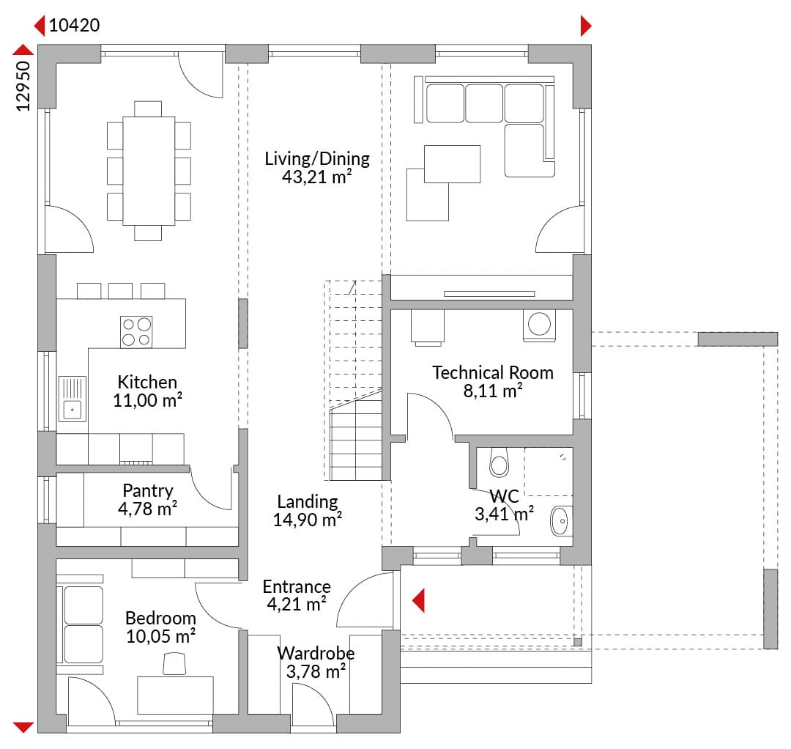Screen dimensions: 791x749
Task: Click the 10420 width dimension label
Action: pos(74,25)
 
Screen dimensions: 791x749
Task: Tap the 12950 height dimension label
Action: pos(23,86)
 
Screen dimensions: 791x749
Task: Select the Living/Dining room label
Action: pos(317,158)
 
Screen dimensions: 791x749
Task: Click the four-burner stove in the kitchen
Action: pos(136,331)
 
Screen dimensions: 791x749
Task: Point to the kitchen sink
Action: pos(72,399)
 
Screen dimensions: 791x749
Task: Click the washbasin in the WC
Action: pos(560,521)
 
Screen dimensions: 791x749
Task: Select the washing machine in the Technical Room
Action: pos(539,325)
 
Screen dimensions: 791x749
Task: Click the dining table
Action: pos(149,171)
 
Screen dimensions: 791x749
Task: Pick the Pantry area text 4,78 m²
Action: pos(147,509)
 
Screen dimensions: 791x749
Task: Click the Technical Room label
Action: pos(492,372)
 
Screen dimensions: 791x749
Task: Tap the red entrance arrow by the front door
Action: pos(418,601)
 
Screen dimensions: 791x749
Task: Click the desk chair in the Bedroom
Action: pos(174,663)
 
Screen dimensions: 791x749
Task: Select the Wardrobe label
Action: pos(316,653)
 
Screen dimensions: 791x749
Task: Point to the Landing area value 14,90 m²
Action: pos(307,520)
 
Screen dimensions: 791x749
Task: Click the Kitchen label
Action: pos(147,382)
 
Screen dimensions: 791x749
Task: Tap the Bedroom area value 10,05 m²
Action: pos(160,636)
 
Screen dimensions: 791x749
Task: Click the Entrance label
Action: pos(297,586)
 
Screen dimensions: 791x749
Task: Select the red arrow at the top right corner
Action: pos(586,26)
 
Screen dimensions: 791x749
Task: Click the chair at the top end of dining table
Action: pos(148,108)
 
